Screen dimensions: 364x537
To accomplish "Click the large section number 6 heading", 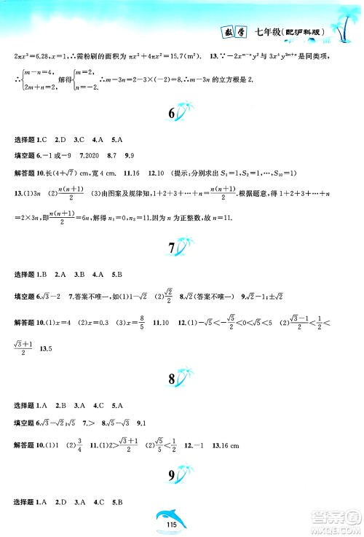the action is click(172, 114).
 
